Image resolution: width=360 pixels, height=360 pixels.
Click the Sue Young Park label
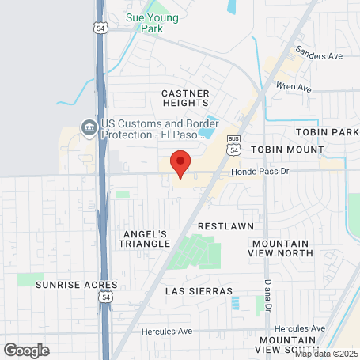click(x=153, y=21)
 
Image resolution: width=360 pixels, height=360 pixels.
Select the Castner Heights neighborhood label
click(x=184, y=99)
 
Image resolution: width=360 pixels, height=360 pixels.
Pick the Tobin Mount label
click(x=287, y=149)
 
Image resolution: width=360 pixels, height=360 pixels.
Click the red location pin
click(x=180, y=163)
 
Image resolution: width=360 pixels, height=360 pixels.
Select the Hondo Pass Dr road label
click(x=262, y=171)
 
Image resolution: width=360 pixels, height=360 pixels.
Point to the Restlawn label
click(x=225, y=226)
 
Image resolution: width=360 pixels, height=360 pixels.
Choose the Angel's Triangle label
click(x=146, y=239)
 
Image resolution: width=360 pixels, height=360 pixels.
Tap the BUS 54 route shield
click(x=233, y=143)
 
